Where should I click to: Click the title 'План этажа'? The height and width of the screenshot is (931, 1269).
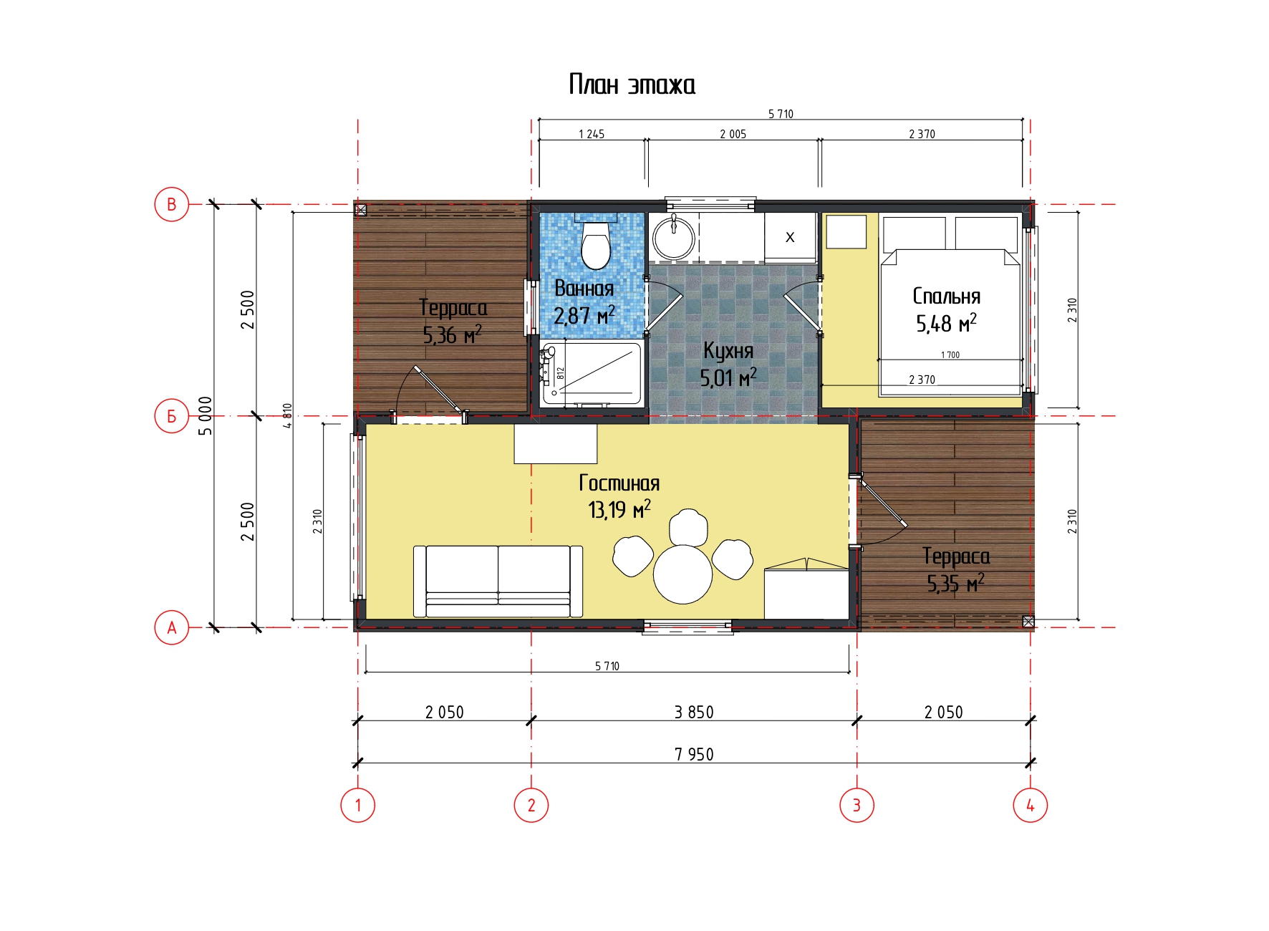632,85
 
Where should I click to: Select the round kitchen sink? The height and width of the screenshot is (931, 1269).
673,237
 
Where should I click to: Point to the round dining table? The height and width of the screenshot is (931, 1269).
682,574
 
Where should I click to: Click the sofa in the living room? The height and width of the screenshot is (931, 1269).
498,581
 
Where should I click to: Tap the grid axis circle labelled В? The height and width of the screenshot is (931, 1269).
172,204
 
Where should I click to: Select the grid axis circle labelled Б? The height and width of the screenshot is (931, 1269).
172,416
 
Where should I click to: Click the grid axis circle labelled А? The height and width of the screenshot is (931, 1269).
172,628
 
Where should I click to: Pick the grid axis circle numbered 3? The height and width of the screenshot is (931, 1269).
857,805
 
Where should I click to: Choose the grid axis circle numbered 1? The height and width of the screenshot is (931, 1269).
358,805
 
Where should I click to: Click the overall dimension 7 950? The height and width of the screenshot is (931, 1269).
694,754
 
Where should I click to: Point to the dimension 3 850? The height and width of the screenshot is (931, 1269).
694,712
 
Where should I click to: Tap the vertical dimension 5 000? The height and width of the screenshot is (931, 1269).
206,416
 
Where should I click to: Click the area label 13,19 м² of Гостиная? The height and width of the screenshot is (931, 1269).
619,509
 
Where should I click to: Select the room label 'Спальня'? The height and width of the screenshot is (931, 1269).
946,296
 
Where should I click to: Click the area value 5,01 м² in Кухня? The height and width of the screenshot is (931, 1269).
728,377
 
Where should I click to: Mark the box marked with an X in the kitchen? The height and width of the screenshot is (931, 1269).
790,237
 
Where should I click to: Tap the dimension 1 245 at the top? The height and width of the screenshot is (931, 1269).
592,134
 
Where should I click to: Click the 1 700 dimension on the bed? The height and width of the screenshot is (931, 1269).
950,354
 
